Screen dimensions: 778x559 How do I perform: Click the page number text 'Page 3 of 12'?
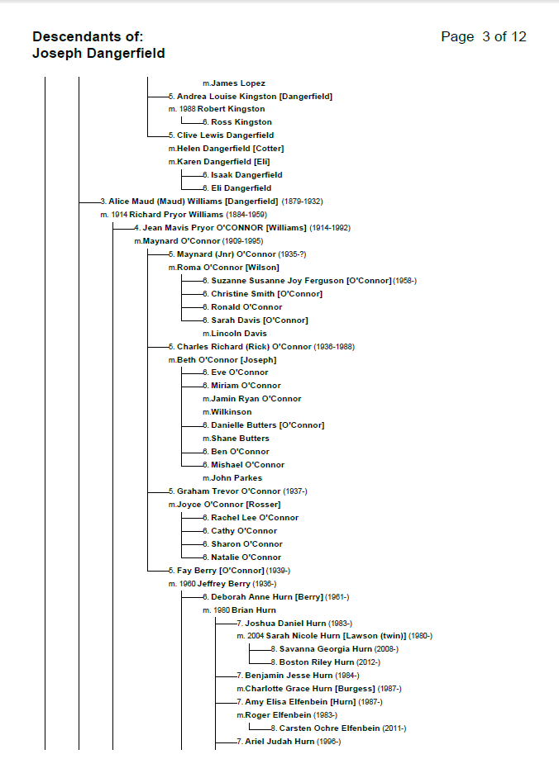pyautogui.click(x=484, y=37)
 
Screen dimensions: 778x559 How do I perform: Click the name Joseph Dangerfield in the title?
pyautogui.click(x=98, y=54)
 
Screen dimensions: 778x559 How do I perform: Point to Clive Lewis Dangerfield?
pyautogui.click(x=225, y=135)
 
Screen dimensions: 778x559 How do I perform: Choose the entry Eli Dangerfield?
pyautogui.click(x=241, y=188)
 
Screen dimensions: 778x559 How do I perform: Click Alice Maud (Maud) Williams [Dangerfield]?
pyautogui.click(x=193, y=202)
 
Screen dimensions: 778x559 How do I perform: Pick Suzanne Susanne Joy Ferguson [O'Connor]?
pyautogui.click(x=300, y=281)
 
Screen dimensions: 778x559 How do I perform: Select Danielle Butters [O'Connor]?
pyautogui.click(x=267, y=425)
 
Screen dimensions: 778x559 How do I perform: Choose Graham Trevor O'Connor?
pyautogui.click(x=229, y=491)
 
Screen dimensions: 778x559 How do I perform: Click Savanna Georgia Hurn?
pyautogui.click(x=325, y=649)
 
